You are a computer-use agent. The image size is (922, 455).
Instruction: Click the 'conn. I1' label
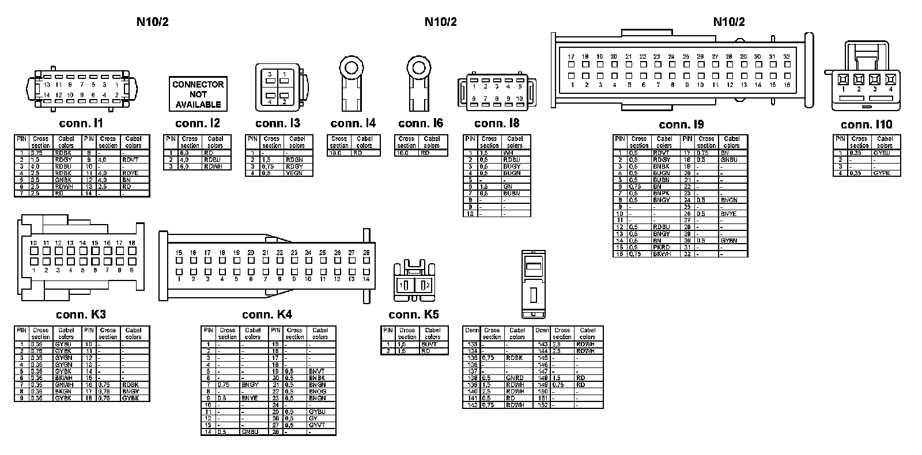(x=81, y=123)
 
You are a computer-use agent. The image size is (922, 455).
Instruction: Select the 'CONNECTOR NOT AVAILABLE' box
(x=198, y=94)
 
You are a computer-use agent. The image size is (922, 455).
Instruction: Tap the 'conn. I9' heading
(x=681, y=124)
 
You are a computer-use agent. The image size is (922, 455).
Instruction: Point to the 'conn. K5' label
(x=413, y=314)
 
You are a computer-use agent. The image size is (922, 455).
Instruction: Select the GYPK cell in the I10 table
(x=882, y=173)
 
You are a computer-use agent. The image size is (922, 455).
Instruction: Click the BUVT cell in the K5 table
(x=429, y=344)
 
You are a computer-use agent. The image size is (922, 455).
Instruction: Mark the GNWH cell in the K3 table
(x=63, y=385)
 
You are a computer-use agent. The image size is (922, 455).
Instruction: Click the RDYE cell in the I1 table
(x=130, y=173)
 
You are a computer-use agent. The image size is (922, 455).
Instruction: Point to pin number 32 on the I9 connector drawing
(x=787, y=56)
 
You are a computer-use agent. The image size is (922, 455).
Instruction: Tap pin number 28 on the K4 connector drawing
(x=366, y=252)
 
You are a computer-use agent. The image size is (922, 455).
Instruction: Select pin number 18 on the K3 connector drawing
(x=131, y=243)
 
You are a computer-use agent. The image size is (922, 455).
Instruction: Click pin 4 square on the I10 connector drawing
(x=890, y=79)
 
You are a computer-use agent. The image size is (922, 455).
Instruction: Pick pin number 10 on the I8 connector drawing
(x=520, y=98)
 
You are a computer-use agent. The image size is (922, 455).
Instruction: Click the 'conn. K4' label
(x=267, y=314)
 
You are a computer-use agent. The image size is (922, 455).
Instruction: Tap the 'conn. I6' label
(x=421, y=123)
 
